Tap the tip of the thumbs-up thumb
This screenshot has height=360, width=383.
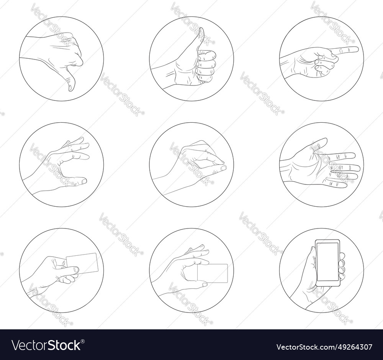[201, 30]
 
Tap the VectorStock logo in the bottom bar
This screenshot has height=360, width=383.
[46, 345]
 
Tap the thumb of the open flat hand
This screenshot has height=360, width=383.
[320, 143]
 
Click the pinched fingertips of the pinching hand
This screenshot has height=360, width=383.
[223, 167]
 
